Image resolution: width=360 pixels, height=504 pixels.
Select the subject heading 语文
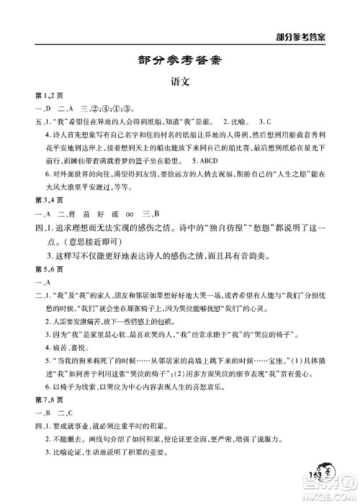tap(179, 83)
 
